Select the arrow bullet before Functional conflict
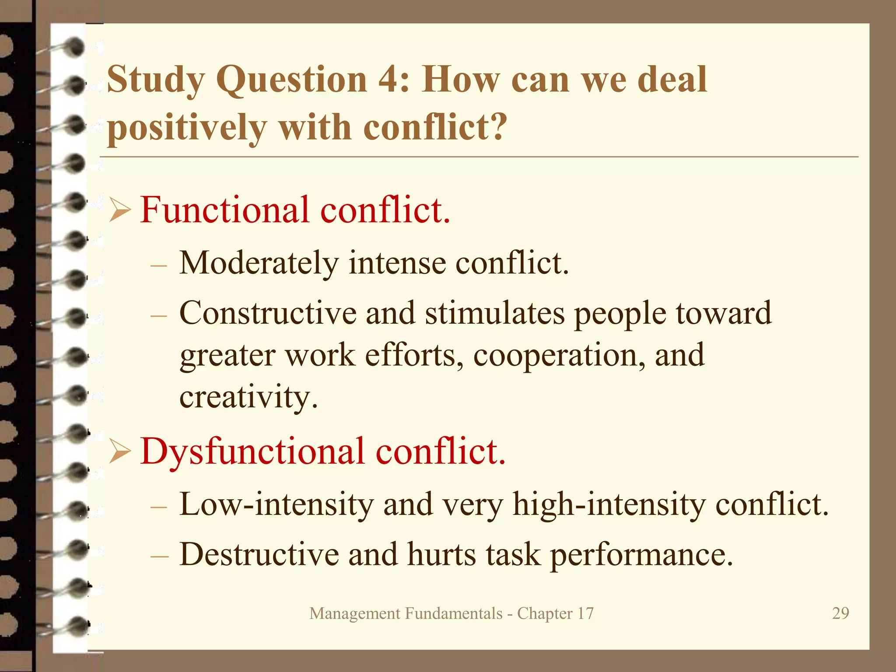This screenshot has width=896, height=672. click(119, 210)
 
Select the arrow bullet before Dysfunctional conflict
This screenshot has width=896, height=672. click(119, 451)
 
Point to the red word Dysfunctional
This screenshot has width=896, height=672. click(252, 451)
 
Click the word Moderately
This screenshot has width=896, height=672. click(259, 263)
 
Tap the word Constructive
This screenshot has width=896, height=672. click(268, 313)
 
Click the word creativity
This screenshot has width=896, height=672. click(248, 396)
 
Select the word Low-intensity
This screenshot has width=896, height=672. click(276, 504)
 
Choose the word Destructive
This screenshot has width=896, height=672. click(259, 554)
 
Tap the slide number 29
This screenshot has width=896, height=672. click(840, 613)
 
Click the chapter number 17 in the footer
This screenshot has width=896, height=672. click(585, 613)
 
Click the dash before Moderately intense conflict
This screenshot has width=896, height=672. click(158, 265)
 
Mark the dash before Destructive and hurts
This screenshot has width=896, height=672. click(158, 556)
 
